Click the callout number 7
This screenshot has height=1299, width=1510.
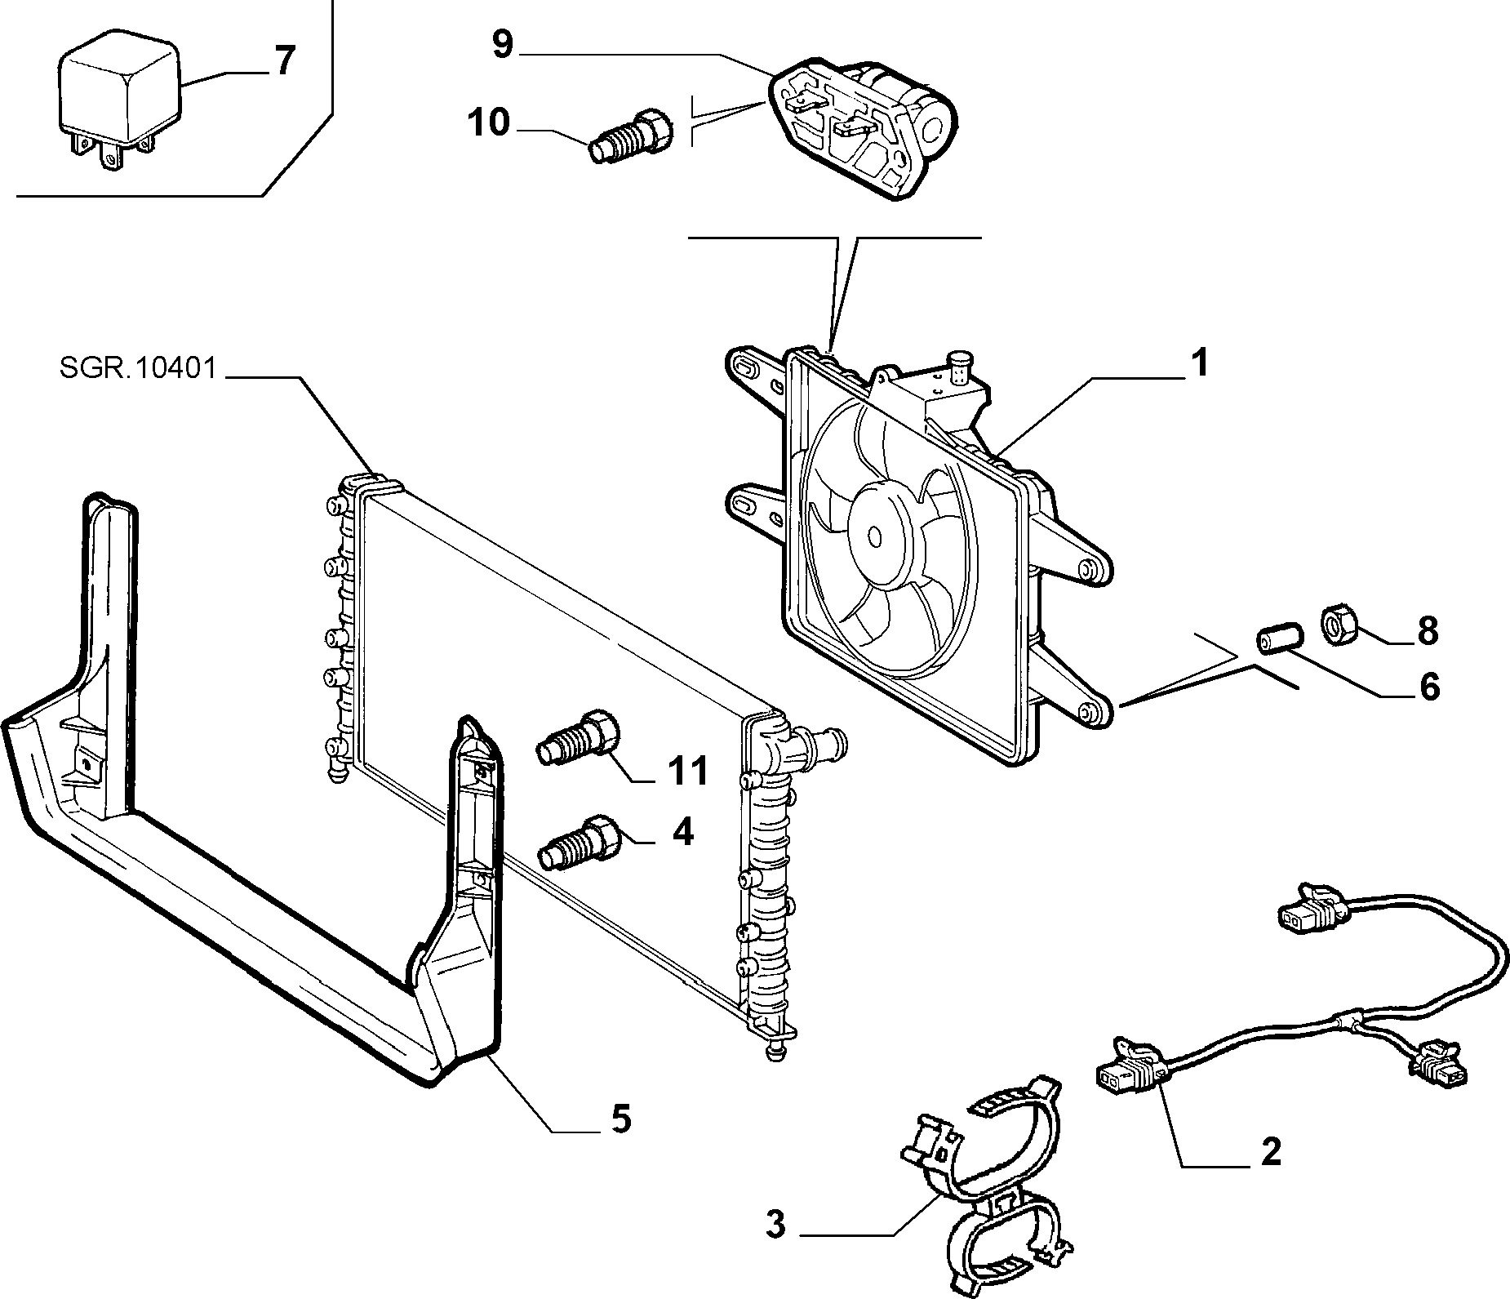pos(282,61)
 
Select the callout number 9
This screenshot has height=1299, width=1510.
pos(503,45)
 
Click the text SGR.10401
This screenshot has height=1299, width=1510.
pos(138,369)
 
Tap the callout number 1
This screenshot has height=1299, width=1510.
pos(1198,363)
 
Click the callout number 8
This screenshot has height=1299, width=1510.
pos(1427,631)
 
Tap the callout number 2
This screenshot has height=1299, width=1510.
pos(1271,1152)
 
